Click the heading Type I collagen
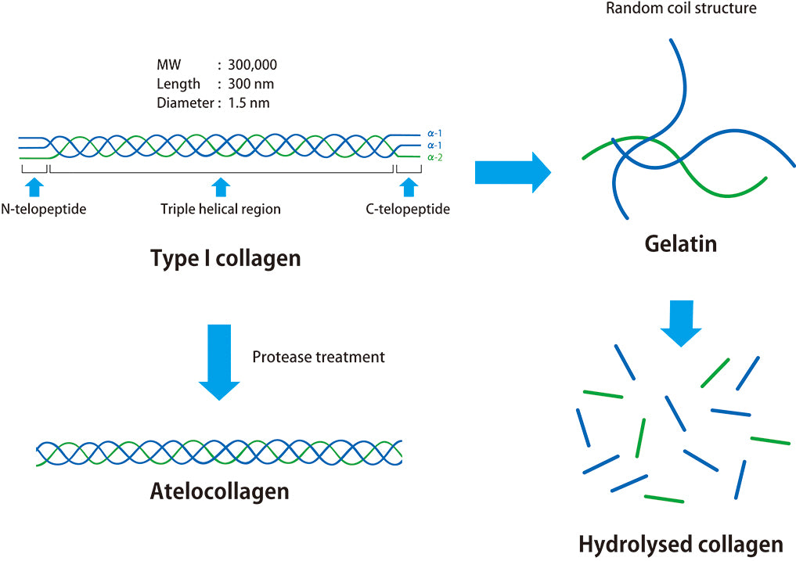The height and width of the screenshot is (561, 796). click(225, 258)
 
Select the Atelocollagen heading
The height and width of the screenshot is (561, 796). click(220, 491)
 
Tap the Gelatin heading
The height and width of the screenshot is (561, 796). click(680, 243)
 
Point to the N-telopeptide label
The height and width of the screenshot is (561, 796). click(43, 210)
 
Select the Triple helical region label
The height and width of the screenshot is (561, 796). click(220, 210)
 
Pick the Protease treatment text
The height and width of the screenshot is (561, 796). click(319, 357)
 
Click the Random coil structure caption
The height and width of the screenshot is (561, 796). click(680, 9)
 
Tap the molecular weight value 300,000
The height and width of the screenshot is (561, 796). click(252, 64)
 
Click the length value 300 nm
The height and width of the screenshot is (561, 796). click(250, 84)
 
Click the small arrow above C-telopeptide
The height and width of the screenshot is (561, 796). click(408, 186)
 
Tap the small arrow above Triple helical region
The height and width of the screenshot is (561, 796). click(221, 186)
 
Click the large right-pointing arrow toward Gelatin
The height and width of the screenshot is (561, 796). click(513, 172)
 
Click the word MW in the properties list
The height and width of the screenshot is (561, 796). click(167, 64)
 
